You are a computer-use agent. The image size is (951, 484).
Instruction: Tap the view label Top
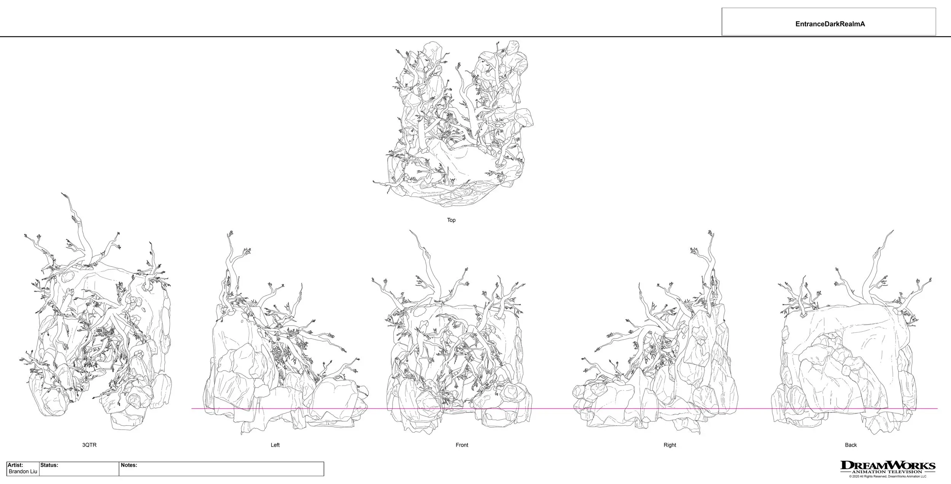coord(451,220)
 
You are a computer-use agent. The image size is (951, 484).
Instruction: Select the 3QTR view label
coord(89,445)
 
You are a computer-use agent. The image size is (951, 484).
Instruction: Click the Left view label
coord(275,445)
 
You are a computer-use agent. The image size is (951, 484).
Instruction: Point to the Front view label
coord(462,445)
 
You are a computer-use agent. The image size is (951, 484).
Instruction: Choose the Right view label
coord(670,445)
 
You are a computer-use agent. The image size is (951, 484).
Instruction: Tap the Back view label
coord(851,445)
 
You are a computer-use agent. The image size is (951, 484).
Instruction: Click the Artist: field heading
coord(15,465)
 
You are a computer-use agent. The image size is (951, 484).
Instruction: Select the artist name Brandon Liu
coord(23,471)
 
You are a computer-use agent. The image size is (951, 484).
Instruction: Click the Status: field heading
coord(49,465)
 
